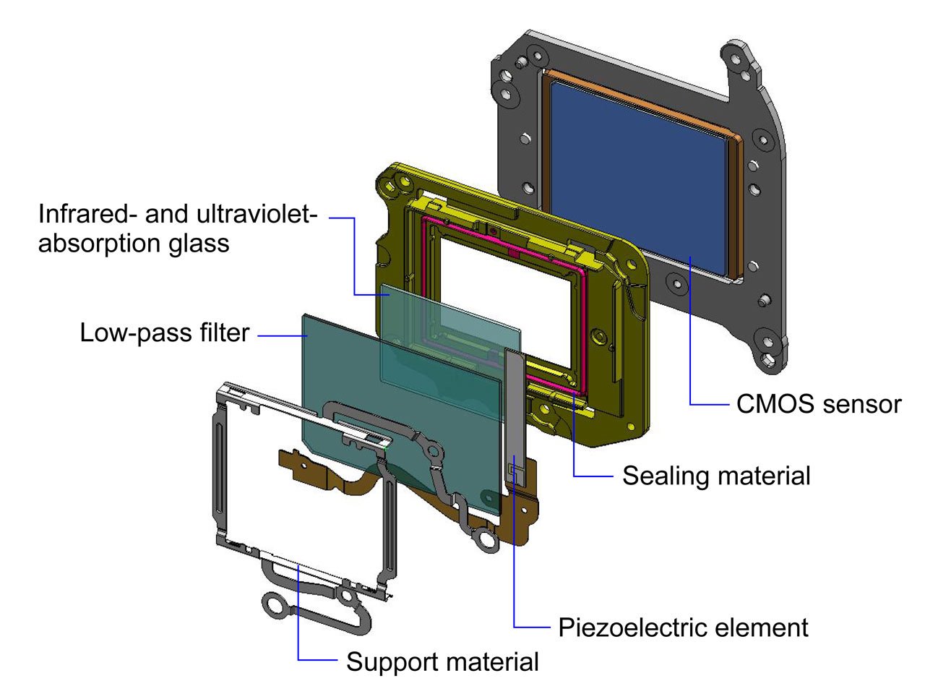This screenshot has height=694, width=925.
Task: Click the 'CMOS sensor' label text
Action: point(818,404)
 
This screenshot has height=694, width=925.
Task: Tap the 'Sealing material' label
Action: point(715,476)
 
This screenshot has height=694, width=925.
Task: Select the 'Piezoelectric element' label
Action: point(683,627)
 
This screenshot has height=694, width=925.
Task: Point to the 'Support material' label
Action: point(442,661)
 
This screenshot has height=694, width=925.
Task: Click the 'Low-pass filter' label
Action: point(165,333)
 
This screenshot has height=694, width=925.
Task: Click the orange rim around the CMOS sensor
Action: point(736,202)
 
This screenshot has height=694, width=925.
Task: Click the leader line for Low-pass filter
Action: point(282,335)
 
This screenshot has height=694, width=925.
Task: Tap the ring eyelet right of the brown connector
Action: point(485,539)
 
